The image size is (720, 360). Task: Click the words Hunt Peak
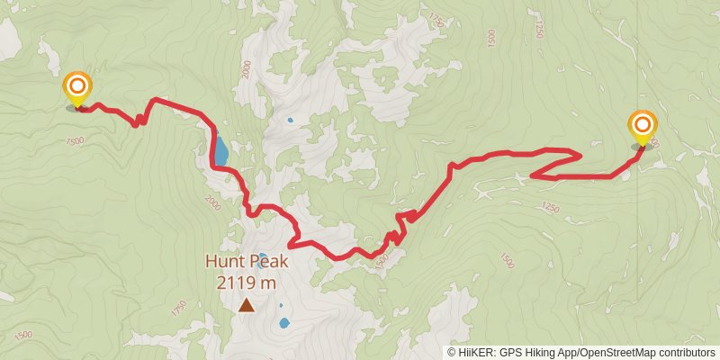click(246, 262)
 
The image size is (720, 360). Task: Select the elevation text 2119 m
click(246, 282)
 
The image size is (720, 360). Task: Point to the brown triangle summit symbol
click(246, 305)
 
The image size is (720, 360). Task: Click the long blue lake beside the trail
click(220, 148)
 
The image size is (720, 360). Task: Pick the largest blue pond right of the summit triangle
click(284, 322)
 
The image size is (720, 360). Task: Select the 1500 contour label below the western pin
click(75, 141)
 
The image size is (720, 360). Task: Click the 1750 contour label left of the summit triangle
click(178, 308)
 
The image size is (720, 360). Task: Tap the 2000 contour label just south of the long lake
click(212, 200)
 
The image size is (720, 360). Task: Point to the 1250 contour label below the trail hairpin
click(551, 209)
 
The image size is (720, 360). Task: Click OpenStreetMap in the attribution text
click(611, 352)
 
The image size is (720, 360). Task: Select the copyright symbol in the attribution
click(451, 352)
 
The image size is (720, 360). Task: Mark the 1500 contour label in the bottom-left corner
click(22, 335)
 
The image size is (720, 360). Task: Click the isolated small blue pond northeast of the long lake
click(290, 120)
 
